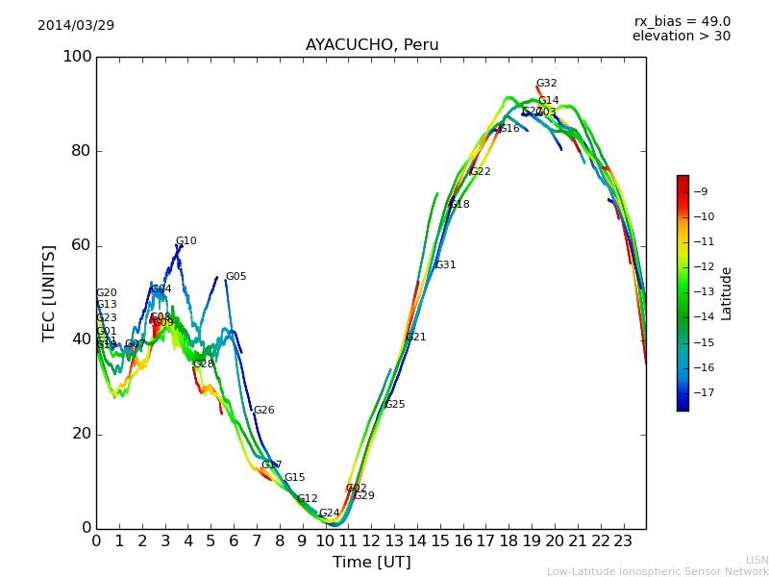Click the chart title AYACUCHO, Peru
pos(372,45)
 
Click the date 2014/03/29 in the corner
pos(76,25)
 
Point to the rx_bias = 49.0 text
pos(682,22)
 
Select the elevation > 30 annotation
pos(681,37)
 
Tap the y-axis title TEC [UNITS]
pos(49,292)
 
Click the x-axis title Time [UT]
pos(371,563)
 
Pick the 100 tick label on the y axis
pos(77,57)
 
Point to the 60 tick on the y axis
pos(82,245)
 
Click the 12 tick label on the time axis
pos(371,541)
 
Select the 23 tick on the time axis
pos(623,541)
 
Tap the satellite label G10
pos(186,241)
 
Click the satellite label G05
pos(236,277)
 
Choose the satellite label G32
pos(546,84)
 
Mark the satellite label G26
pos(263,411)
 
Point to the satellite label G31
pos(445,265)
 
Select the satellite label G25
pos(394,405)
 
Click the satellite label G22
pos(480,172)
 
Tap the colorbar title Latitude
pos(727,293)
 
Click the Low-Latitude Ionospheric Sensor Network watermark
pos(657,572)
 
